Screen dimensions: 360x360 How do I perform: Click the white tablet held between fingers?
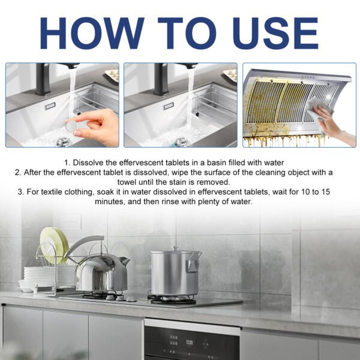point(73,126)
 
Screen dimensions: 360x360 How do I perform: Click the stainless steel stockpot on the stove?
point(175,274)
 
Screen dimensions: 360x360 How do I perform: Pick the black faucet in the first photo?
point(43,78)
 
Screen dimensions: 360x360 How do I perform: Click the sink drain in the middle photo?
point(181,142)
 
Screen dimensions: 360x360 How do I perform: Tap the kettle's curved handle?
point(84,245)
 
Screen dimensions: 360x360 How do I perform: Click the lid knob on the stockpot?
point(175,248)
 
